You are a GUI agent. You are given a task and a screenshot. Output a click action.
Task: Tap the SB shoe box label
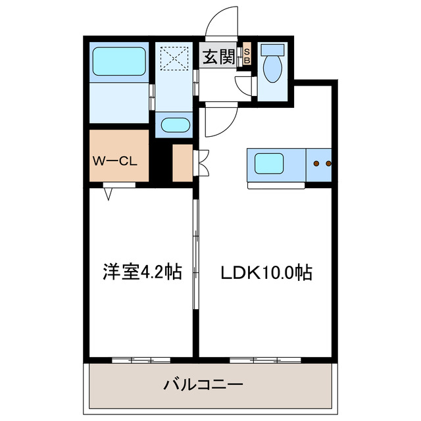coord(247,57)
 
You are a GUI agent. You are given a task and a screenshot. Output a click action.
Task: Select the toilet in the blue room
coord(271,68)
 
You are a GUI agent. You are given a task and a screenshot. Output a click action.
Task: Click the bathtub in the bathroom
coord(118,61)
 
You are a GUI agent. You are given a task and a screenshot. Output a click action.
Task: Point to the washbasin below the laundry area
coord(174,124)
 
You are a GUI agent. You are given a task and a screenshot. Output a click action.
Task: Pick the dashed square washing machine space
coord(174,57)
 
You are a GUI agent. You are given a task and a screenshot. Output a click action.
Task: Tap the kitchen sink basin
coord(270,162)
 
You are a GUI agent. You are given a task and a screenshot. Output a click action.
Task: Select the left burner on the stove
coord(317,162)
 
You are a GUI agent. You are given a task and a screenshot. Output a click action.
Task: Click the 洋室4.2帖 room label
coord(141,270)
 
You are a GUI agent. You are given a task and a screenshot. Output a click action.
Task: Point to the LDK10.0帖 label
coord(266,271)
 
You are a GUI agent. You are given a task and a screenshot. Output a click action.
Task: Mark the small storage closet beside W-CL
coord(182,162)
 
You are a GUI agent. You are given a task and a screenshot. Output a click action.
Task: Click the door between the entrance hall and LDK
coord(217,122)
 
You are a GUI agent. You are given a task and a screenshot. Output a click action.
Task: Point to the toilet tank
coord(271,50)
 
